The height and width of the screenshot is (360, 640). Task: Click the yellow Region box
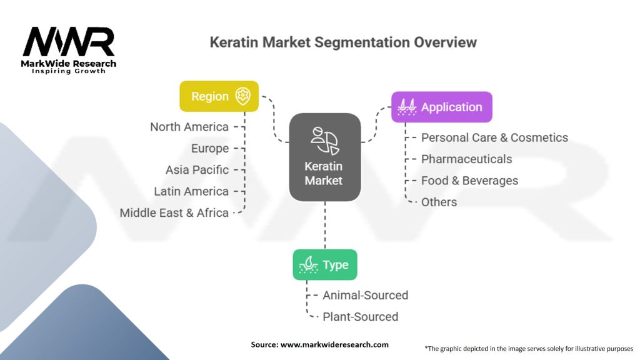click(219, 96)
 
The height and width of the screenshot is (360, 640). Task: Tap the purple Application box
click(442, 107)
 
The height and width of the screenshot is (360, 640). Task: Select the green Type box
click(325, 264)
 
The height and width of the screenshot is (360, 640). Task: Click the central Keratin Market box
click(324, 157)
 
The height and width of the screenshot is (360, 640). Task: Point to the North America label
click(189, 127)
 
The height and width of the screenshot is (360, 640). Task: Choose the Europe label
click(210, 148)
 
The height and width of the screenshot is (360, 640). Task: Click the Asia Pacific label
click(197, 169)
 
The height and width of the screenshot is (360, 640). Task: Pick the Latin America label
click(191, 191)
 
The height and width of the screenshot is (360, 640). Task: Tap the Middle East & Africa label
click(174, 212)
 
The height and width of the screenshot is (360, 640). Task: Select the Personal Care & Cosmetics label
click(494, 137)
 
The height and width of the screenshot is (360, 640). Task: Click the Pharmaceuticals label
click(466, 159)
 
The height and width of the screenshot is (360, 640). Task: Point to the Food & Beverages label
click(469, 181)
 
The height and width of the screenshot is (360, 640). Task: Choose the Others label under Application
click(439, 202)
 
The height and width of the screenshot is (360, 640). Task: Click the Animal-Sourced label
click(365, 295)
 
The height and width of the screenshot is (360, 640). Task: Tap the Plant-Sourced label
click(360, 316)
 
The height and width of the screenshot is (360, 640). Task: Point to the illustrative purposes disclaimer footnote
click(529, 348)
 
